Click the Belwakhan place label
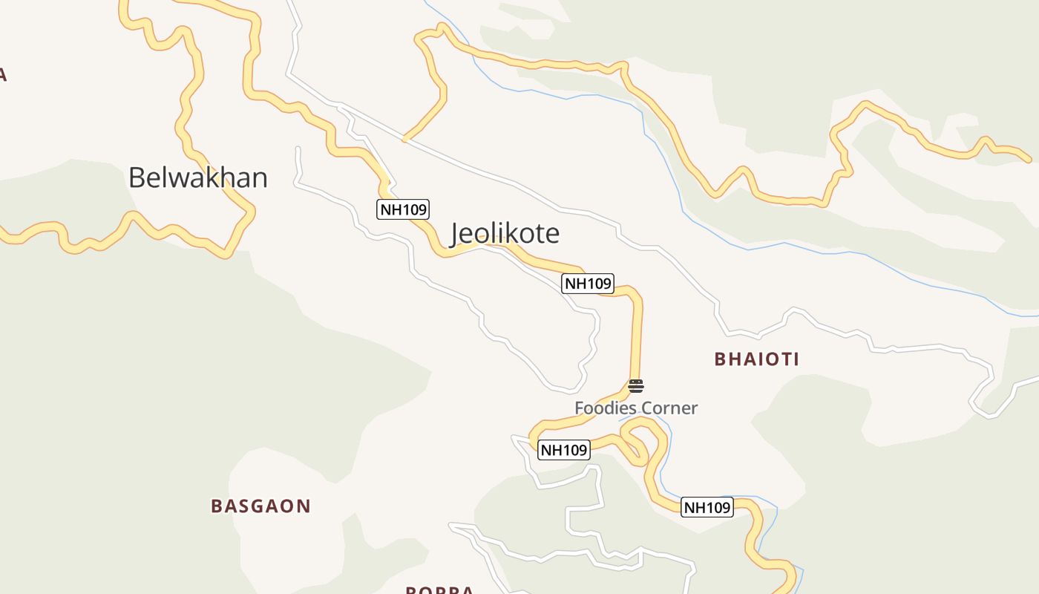[x=197, y=178]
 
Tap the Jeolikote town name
[x=505, y=234]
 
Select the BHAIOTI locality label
[x=756, y=359]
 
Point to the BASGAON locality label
[x=260, y=506]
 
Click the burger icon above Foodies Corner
[x=636, y=386]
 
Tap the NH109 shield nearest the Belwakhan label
[x=403, y=209]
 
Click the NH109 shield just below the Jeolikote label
[x=588, y=283]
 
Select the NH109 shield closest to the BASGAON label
[x=563, y=450]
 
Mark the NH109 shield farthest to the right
[x=707, y=508]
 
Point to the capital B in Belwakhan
[x=137, y=178]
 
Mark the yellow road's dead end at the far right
[x=1028, y=159]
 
